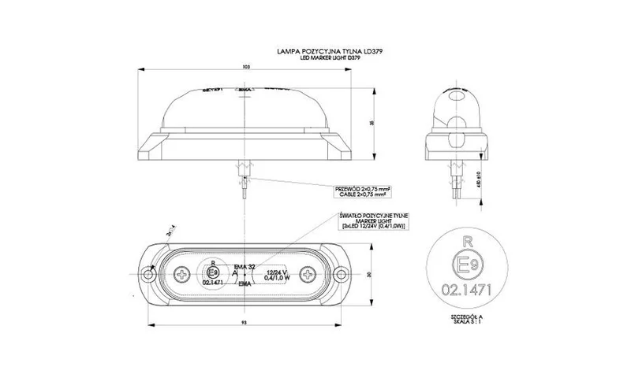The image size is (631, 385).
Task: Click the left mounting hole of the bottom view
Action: click(148, 276)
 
